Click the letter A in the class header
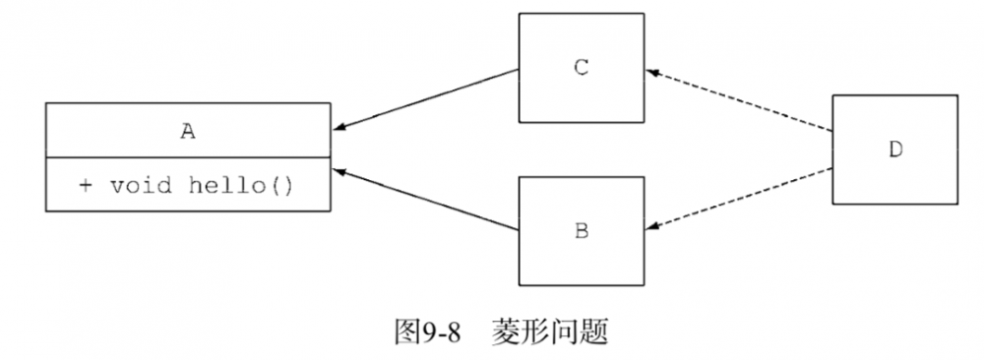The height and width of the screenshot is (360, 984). pos(187,130)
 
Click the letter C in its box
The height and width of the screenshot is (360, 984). pos(581,67)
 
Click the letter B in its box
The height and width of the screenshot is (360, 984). pos(581,231)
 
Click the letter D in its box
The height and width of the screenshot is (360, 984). pos(895,150)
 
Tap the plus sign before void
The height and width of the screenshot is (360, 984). pos(86,185)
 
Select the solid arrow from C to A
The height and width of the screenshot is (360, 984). pos(428,99)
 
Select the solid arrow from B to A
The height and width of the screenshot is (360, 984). pos(428,200)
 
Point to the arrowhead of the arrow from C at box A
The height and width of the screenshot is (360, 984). pos(338,127)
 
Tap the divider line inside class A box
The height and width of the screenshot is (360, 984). pos(187,156)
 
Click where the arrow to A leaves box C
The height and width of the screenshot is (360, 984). pos(519,71)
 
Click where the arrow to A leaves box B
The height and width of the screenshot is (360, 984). pos(519,229)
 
